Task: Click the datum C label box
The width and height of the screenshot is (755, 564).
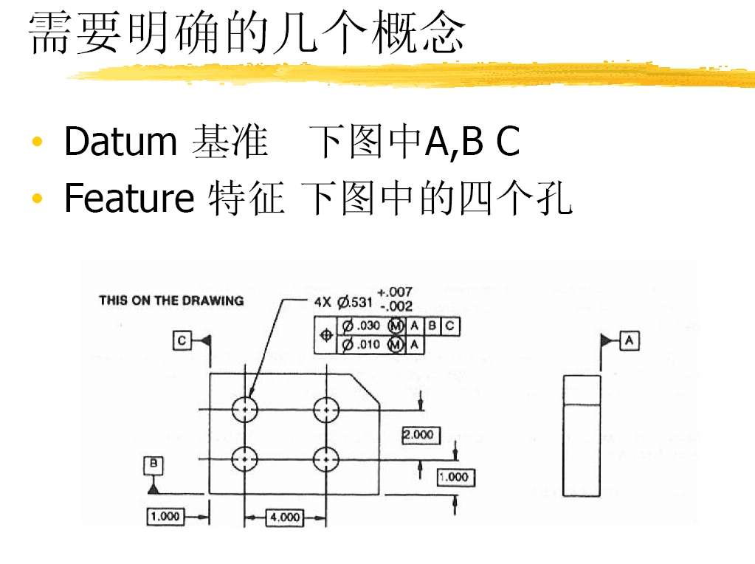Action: pos(182,340)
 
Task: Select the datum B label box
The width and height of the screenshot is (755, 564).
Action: pos(154,465)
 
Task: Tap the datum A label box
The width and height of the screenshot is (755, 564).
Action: pos(630,340)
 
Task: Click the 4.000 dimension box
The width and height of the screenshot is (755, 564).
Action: pos(285,517)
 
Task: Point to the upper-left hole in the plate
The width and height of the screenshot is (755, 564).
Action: pos(245,410)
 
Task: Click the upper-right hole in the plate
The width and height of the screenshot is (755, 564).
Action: pos(326,410)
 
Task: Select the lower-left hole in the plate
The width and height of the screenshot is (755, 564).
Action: pos(245,459)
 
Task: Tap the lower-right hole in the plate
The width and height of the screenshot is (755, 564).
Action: pos(326,459)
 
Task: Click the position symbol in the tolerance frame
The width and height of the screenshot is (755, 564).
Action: pos(326,335)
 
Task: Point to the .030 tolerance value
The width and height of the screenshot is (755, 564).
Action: pos(369,326)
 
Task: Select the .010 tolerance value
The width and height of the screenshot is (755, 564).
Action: pos(369,345)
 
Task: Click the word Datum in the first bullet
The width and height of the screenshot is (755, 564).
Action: pos(121,141)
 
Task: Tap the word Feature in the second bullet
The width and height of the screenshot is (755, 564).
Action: pos(129,197)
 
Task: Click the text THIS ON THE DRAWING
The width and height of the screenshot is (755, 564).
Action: pos(171,300)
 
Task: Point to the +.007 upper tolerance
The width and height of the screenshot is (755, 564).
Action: pos(395,292)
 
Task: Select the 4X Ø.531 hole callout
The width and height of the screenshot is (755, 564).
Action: pos(343,303)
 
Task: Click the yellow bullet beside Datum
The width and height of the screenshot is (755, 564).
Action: pos(37,142)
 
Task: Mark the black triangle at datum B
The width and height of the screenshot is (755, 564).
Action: pos(154,489)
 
